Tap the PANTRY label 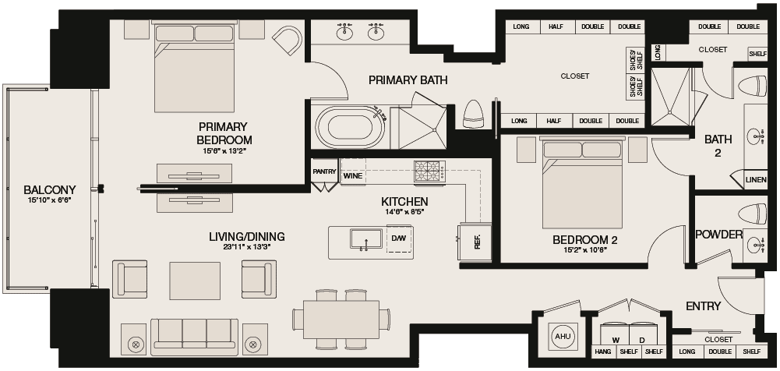tap(324, 171)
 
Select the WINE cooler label tap(353, 176)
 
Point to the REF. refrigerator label tap(478, 242)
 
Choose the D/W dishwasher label tap(398, 238)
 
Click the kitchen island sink tap(366, 238)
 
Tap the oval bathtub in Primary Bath tap(351, 127)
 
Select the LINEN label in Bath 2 tap(756, 180)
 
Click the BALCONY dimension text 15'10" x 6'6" tap(49, 201)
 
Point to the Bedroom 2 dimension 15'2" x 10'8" tap(585, 249)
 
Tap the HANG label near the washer tap(603, 352)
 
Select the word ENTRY tap(703, 306)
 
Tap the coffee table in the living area tap(195, 281)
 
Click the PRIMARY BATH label tap(408, 79)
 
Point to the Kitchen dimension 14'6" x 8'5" tap(404, 211)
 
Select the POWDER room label tap(718, 235)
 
